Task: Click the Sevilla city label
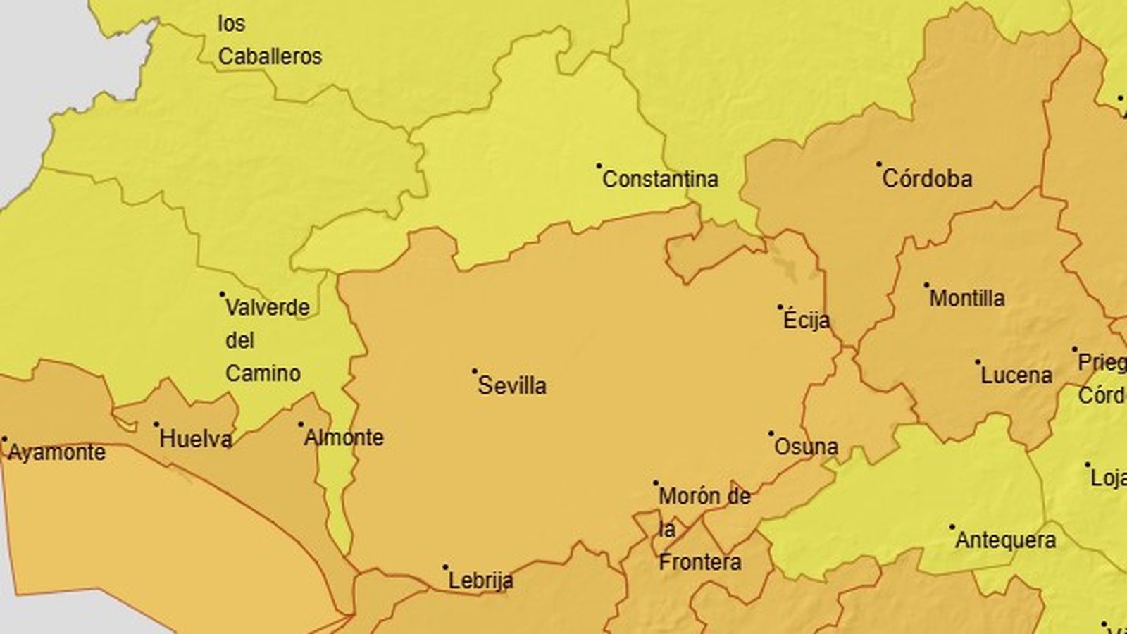512,385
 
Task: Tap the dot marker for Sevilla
475,371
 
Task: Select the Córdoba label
927,179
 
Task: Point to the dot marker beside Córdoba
879,164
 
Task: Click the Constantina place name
660,180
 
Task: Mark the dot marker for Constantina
599,166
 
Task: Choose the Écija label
807,321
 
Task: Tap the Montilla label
967,298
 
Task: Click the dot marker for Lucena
978,362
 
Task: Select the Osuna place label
806,447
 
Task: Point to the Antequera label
1006,541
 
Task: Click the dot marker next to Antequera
952,527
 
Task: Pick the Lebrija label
481,581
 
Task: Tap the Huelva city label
195,440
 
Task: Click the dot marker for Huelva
156,425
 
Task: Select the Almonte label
344,437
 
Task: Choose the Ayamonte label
56,452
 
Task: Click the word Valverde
267,308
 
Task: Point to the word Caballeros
270,56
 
